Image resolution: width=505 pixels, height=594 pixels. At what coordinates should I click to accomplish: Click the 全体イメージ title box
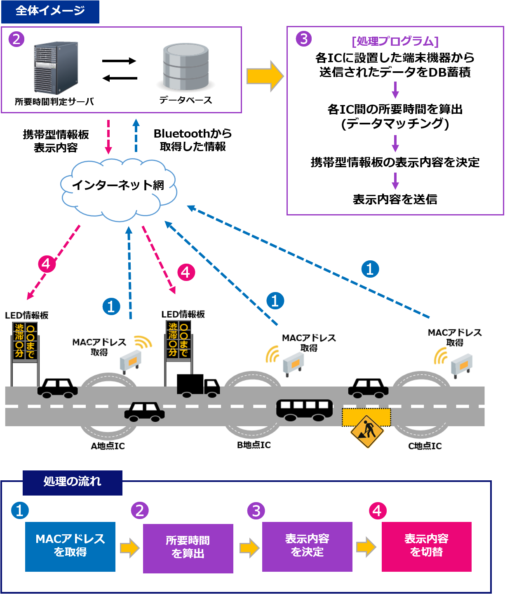point(50,11)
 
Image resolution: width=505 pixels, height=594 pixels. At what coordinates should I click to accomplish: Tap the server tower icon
point(56,68)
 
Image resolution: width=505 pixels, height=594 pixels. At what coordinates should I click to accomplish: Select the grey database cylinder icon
point(186,67)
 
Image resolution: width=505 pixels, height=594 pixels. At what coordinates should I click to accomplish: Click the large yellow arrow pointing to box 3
point(265,76)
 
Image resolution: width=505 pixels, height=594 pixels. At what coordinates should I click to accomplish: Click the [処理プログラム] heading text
point(395,41)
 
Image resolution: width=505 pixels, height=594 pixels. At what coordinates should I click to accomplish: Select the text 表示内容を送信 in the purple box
point(395,199)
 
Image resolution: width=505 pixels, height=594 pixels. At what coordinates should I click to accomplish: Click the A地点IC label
point(108,446)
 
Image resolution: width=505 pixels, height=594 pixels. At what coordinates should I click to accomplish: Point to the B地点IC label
point(254,445)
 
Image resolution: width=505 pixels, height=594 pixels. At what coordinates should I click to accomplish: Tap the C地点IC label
point(425,446)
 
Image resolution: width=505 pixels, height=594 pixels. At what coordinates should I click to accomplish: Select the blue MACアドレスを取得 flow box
point(70,547)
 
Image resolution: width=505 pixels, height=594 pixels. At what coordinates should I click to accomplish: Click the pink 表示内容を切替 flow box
point(426,547)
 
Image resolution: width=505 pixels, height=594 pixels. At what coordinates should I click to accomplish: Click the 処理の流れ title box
point(73,482)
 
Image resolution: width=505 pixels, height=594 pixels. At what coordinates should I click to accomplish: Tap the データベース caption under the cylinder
point(186,100)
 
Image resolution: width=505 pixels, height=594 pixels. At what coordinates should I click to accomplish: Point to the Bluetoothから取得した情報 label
point(193,140)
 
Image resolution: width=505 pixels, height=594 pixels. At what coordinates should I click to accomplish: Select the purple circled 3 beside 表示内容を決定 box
point(256,511)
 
